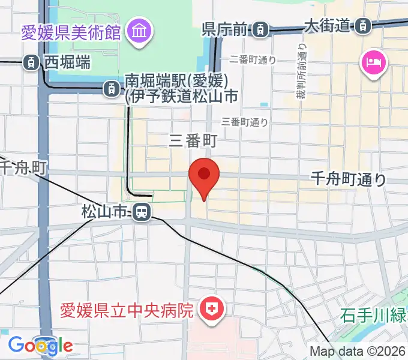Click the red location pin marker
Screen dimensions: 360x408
point(204,175)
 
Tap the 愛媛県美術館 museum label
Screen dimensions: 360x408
point(71,31)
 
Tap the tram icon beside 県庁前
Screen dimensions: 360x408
point(260,28)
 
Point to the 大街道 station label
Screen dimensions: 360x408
point(327,25)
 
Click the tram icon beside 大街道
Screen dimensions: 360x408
point(362,25)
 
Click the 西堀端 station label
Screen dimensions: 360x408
point(67,61)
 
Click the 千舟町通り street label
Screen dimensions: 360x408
point(349,178)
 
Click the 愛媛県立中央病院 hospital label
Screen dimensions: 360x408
point(127,310)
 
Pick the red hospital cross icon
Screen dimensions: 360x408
point(211,310)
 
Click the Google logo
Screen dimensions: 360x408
point(40,345)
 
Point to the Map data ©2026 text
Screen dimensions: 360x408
point(358,352)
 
